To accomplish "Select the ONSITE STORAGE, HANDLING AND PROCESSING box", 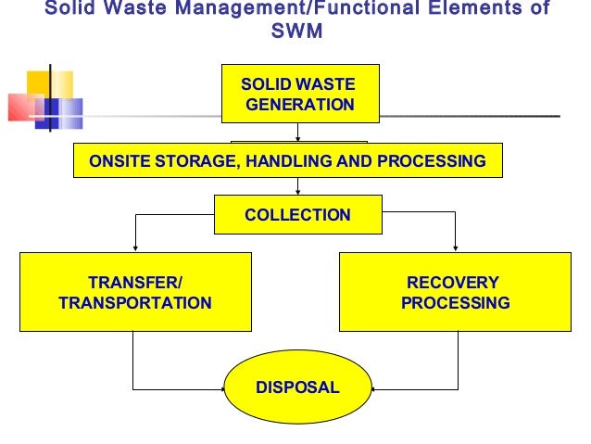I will tap(287, 160).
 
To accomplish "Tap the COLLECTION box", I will tap(297, 215).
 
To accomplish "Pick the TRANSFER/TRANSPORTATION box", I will tap(135, 292).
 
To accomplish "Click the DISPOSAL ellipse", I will tap(297, 387).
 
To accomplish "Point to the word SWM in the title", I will tap(295, 32).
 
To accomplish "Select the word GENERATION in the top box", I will tap(300, 105).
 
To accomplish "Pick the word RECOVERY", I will tap(453, 283).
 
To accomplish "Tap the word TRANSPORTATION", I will tap(135, 302).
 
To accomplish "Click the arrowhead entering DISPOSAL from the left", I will tap(223, 387).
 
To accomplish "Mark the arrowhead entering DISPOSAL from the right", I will tap(371, 387).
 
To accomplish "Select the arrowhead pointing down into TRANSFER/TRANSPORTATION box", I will tap(136, 247).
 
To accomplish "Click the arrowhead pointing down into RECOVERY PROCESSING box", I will tap(455, 247).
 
